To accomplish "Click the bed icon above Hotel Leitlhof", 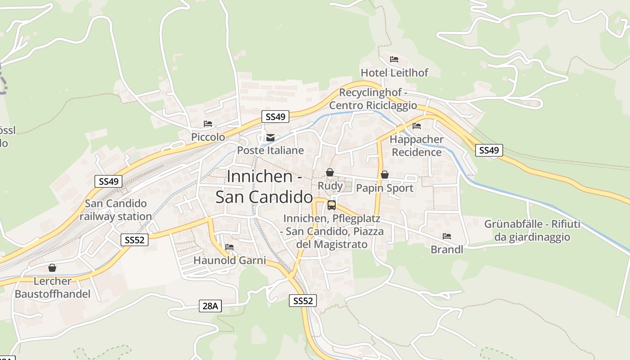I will tap(394, 59).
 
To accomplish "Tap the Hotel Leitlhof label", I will tap(394, 72).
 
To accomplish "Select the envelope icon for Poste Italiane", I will tap(270, 137).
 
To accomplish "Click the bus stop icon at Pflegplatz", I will tap(332, 205).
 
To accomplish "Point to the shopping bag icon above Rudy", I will tap(330, 172).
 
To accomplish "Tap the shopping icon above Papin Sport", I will tap(384, 175).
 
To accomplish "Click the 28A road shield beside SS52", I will tap(210, 306).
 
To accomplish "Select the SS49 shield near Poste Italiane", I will tap(275, 117).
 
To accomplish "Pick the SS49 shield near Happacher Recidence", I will tap(489, 150).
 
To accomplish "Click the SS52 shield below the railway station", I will tap(134, 240).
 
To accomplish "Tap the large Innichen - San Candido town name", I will tap(264, 186).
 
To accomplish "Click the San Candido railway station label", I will tap(116, 210).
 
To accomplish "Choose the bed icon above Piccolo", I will tap(207, 124).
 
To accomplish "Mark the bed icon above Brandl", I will tap(447, 236).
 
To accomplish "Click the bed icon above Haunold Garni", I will tap(229, 247).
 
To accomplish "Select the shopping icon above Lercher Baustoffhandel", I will tap(52, 268).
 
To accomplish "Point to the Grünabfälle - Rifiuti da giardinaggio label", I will tap(532, 230).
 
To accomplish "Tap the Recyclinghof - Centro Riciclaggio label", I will tap(373, 99).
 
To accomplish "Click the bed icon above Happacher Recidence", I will tap(417, 126).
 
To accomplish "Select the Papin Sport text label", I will tap(384, 188).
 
